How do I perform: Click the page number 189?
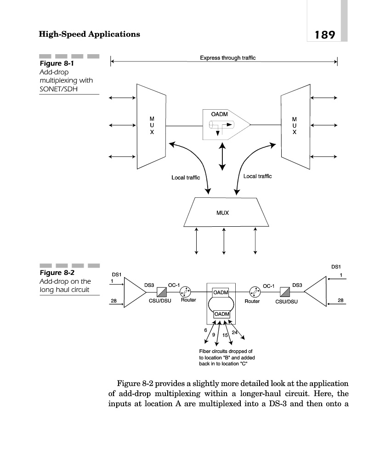tap(325, 34)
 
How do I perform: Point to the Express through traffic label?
tap(227, 58)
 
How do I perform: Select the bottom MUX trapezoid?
tap(223, 213)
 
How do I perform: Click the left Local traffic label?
tap(186, 178)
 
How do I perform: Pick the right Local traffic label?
tap(257, 176)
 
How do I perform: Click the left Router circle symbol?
tap(186, 292)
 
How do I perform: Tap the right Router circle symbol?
tap(254, 292)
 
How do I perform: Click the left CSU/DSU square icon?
tap(161, 292)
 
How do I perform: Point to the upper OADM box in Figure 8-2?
tap(221, 292)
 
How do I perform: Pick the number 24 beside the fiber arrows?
tap(235, 332)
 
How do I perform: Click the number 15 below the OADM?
tap(225, 336)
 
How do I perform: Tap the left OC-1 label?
tap(174, 285)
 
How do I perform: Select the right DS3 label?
tap(297, 285)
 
